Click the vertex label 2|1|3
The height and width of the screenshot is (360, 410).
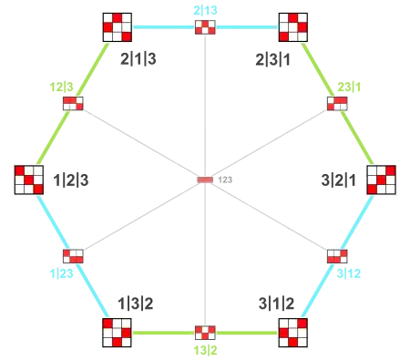pyautogui.click(x=138, y=58)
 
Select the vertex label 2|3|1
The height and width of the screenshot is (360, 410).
pyautogui.click(x=272, y=59)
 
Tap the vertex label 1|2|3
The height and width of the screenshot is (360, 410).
pyautogui.click(x=71, y=180)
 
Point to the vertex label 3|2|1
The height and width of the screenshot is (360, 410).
pyautogui.click(x=338, y=180)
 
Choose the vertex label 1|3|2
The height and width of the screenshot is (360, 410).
pyautogui.click(x=136, y=303)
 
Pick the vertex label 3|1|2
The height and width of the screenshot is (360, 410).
pyautogui.click(x=276, y=303)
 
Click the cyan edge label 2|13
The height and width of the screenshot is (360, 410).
pyautogui.click(x=205, y=10)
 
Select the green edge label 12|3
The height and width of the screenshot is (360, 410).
pyautogui.click(x=61, y=87)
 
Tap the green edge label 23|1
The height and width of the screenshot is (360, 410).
pyautogui.click(x=349, y=87)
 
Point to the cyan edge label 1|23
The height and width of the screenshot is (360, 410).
pyautogui.click(x=61, y=273)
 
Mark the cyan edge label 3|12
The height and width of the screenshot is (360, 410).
pyautogui.click(x=349, y=273)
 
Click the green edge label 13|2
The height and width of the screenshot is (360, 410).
pyautogui.click(x=205, y=350)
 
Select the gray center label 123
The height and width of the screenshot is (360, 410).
pyautogui.click(x=225, y=180)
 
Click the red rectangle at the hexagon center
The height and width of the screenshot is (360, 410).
pyautogui.click(x=205, y=180)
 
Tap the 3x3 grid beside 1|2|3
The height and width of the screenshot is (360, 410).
pyautogui.click(x=29, y=180)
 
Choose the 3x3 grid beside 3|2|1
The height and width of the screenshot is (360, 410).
pyautogui.click(x=381, y=180)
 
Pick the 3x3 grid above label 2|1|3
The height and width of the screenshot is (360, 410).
pyautogui.click(x=117, y=27)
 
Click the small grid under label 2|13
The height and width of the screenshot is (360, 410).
pyautogui.click(x=205, y=27)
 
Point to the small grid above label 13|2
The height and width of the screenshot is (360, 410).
pyautogui.click(x=205, y=333)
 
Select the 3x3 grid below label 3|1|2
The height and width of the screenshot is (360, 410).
pyautogui.click(x=293, y=333)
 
